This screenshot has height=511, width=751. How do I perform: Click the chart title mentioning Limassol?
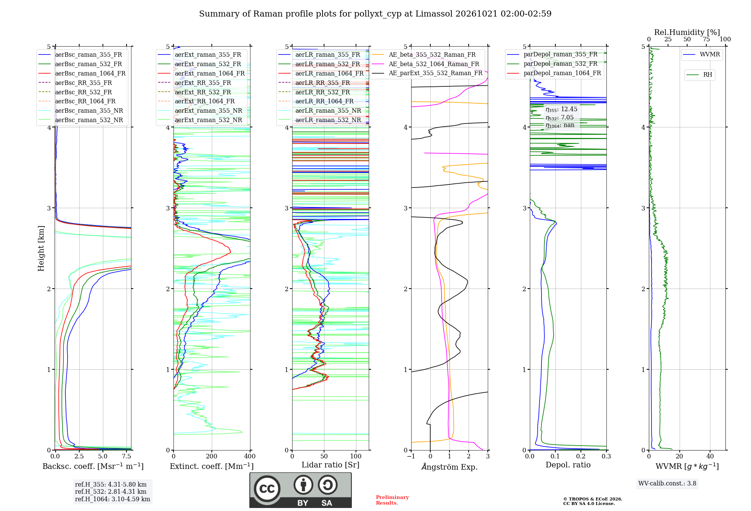(x=375, y=14)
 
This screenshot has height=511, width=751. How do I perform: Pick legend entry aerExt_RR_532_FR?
(x=203, y=92)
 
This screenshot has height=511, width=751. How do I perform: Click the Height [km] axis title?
(x=41, y=248)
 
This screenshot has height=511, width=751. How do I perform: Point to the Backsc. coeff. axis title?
(x=93, y=466)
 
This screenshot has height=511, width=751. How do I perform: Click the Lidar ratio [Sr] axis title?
(x=330, y=465)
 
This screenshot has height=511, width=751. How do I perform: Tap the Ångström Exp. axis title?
(x=449, y=467)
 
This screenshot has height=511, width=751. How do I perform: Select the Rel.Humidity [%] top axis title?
(x=687, y=32)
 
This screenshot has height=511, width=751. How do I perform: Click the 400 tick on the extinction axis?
(x=250, y=457)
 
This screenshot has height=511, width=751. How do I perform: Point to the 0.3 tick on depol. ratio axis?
(x=606, y=457)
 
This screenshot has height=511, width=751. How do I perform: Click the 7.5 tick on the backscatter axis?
(x=127, y=457)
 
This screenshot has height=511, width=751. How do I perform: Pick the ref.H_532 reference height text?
(x=111, y=492)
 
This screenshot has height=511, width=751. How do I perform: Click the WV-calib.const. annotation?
(x=667, y=484)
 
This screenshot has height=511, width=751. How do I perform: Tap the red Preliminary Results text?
(x=392, y=500)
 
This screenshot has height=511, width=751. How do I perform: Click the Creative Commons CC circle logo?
(x=267, y=489)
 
